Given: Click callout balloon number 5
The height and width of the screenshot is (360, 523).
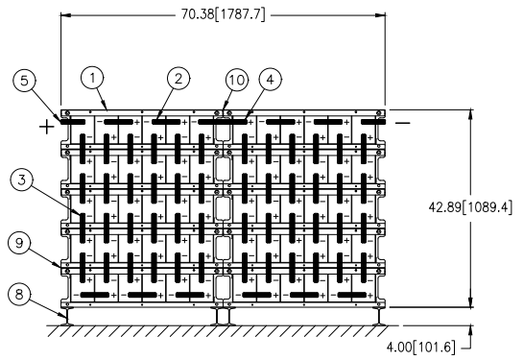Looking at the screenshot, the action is (24, 81).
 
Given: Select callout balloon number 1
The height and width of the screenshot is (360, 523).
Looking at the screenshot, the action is (92, 78).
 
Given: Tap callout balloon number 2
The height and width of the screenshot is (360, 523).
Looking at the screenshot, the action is (178, 79).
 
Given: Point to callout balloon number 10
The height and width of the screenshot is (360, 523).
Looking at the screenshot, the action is (237, 80).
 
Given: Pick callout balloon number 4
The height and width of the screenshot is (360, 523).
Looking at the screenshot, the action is (271, 80).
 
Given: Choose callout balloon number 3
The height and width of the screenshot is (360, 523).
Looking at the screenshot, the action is (22, 180).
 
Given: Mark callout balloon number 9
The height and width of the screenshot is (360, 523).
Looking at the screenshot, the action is (19, 243).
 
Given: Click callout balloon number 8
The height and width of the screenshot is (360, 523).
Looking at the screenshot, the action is (19, 295).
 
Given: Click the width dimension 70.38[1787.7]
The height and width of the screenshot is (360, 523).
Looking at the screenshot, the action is (224, 14).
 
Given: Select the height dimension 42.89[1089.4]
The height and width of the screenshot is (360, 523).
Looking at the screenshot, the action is (470, 207).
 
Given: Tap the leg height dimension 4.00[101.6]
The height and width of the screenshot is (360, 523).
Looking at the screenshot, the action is (421, 347).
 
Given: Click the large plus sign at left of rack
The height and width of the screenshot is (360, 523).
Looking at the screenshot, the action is (47, 127).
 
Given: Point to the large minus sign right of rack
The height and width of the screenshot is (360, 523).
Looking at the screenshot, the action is (403, 123).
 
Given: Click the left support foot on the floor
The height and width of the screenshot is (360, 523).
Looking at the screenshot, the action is (68, 317).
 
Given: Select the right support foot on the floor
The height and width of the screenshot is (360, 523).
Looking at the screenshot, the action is (379, 317).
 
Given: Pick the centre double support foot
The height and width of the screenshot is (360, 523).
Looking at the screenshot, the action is (224, 317).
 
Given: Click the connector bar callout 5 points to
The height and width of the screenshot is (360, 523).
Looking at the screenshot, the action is (73, 122).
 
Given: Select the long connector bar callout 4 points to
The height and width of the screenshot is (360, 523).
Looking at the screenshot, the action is (223, 122).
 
